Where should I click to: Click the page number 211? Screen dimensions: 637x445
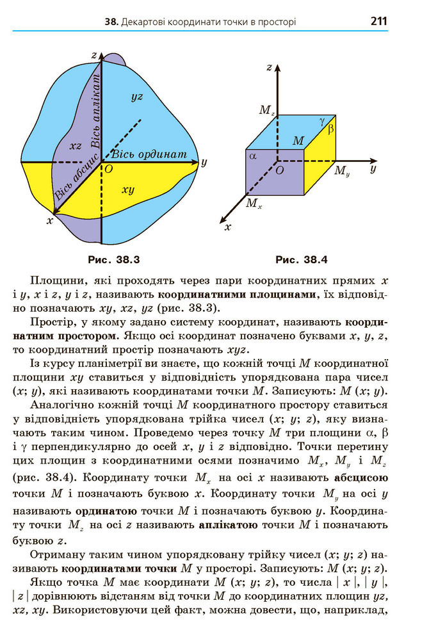(378, 21)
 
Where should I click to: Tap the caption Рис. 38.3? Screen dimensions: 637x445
(113, 260)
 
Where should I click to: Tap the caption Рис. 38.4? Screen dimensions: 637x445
(301, 260)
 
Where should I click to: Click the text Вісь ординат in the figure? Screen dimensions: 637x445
(149, 155)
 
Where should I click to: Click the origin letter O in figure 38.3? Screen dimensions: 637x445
(108, 168)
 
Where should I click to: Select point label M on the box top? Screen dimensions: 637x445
(298, 140)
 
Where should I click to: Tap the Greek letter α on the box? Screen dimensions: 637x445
(252, 155)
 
